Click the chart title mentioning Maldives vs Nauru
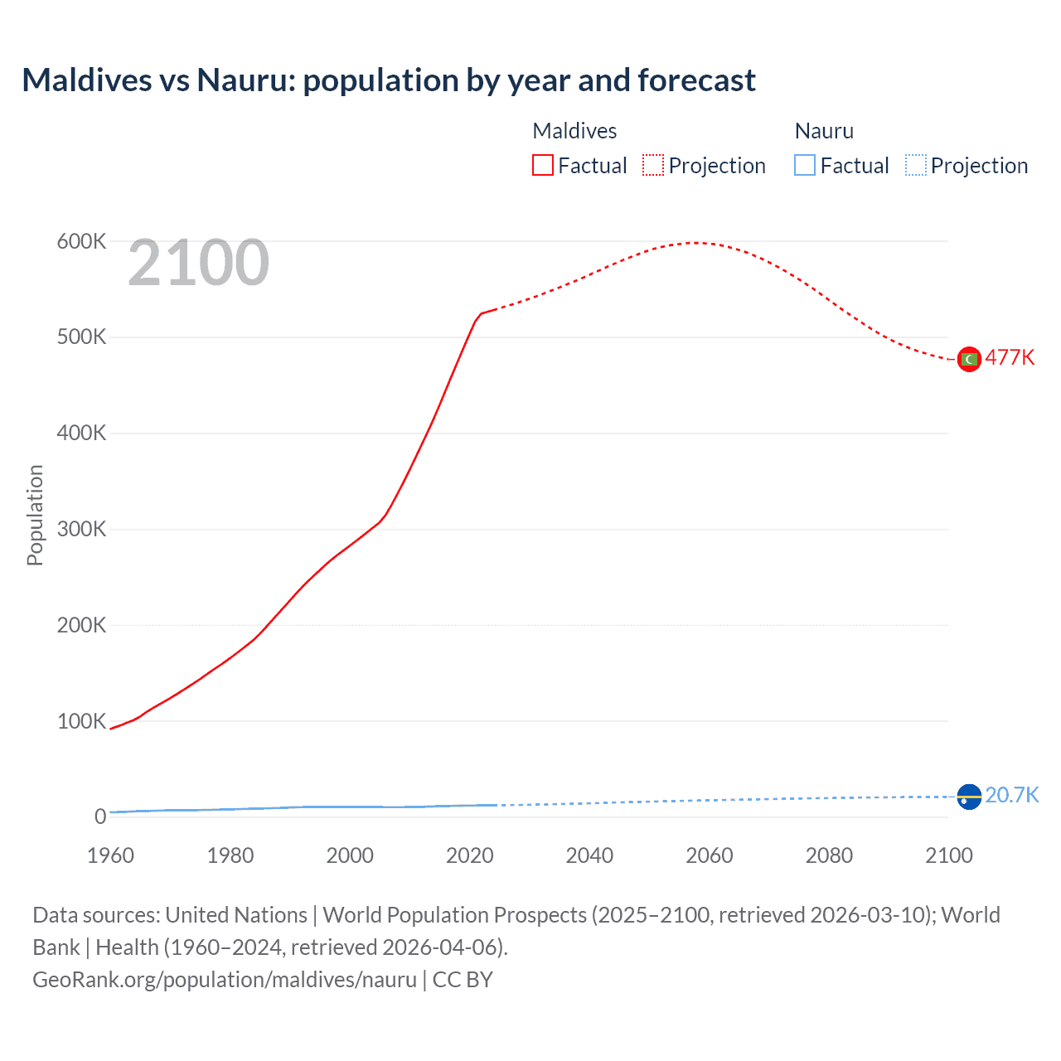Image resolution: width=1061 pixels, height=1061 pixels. click(388, 80)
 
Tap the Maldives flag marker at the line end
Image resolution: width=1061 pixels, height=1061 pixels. click(969, 359)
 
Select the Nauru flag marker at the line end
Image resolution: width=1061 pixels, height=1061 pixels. click(969, 797)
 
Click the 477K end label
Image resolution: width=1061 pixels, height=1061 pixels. click(1010, 357)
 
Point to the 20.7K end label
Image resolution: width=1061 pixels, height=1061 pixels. click(1011, 795)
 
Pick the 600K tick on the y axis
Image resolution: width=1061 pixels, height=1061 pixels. click(81, 241)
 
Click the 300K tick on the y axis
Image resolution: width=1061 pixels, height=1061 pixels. click(81, 529)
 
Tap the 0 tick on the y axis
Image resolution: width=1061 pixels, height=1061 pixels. click(100, 816)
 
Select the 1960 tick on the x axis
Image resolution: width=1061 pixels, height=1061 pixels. click(110, 855)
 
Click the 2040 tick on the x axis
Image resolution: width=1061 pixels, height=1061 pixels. click(589, 855)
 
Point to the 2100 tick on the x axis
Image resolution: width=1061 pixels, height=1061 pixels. click(948, 855)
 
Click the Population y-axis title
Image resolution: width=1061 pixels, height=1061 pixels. click(35, 515)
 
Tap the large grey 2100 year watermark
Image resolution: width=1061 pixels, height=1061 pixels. click(198, 263)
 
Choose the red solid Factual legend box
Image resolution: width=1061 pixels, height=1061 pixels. click(543, 165)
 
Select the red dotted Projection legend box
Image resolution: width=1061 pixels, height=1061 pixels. click(653, 165)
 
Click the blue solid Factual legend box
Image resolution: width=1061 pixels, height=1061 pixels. click(805, 165)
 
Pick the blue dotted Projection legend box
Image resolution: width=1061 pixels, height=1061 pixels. click(915, 165)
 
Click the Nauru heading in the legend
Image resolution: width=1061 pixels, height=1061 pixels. click(824, 131)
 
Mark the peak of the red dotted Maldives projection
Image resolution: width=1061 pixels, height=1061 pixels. click(695, 243)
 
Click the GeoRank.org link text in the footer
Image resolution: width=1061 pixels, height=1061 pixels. click(224, 980)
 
